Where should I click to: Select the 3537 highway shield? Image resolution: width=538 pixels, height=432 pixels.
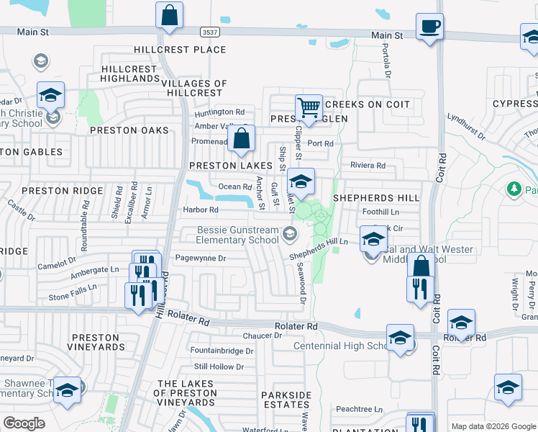[x=209, y=32]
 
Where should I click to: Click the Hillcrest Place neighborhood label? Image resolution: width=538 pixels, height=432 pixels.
[x=180, y=50]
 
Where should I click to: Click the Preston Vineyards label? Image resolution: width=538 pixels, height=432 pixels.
[x=94, y=342]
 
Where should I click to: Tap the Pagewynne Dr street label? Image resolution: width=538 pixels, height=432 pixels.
[x=201, y=258]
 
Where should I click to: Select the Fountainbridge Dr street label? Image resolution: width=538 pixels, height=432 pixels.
[x=222, y=351]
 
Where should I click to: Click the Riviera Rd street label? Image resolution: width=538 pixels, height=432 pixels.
[x=368, y=166]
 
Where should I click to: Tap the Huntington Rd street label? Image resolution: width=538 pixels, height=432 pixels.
[x=219, y=112]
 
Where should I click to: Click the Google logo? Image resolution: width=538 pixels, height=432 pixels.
[x=24, y=423]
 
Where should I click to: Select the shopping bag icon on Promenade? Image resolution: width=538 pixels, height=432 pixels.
[x=242, y=138]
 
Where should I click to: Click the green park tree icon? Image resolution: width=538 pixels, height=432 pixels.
[x=514, y=189]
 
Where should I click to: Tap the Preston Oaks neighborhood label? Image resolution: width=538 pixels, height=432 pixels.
[x=129, y=131]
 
